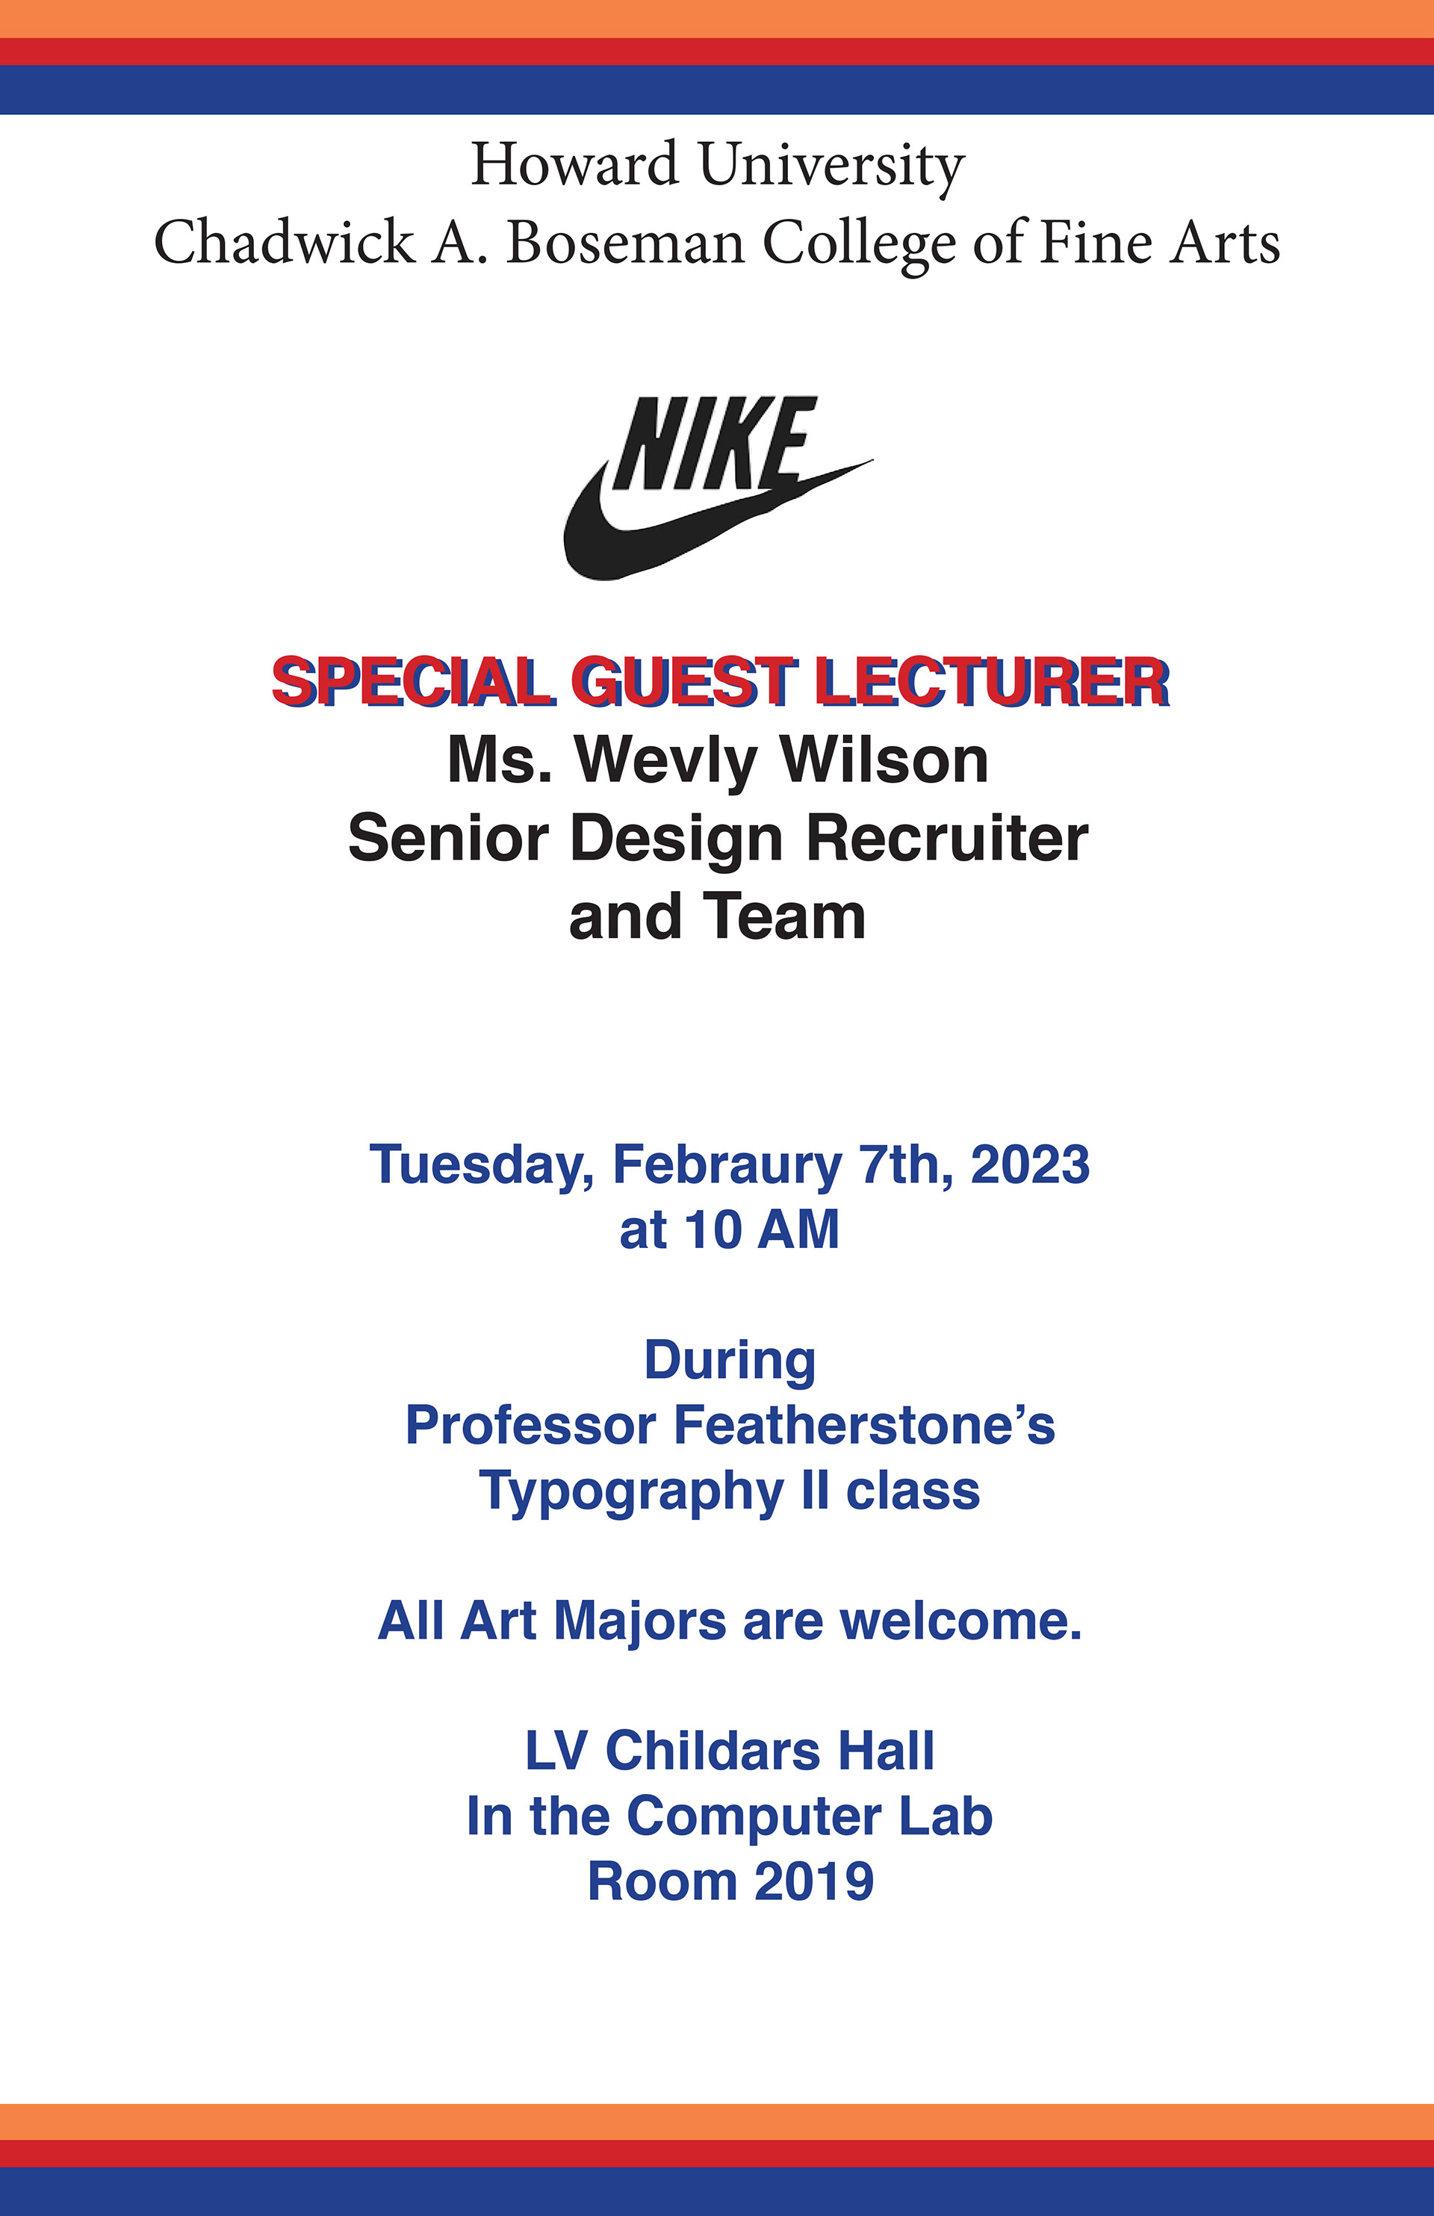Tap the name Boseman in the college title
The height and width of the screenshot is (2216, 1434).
(625, 243)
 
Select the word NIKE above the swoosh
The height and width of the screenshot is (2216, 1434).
(713, 443)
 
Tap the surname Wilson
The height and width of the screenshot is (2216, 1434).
(884, 761)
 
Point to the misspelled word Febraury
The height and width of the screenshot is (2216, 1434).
(726, 1165)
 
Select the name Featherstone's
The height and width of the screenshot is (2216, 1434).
(863, 1426)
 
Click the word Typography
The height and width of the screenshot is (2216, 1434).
(630, 1492)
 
